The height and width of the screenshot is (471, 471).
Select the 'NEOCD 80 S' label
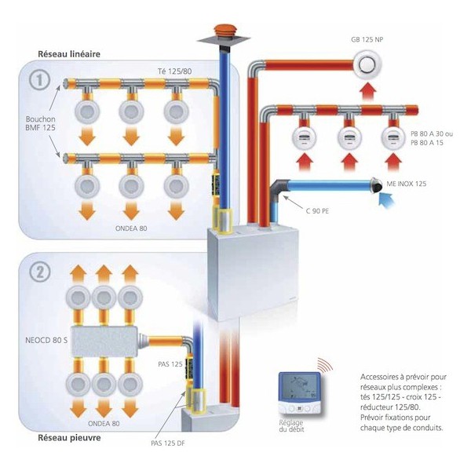pyautogui.click(x=38, y=341)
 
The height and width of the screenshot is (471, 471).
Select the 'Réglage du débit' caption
pyautogui.click(x=290, y=427)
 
